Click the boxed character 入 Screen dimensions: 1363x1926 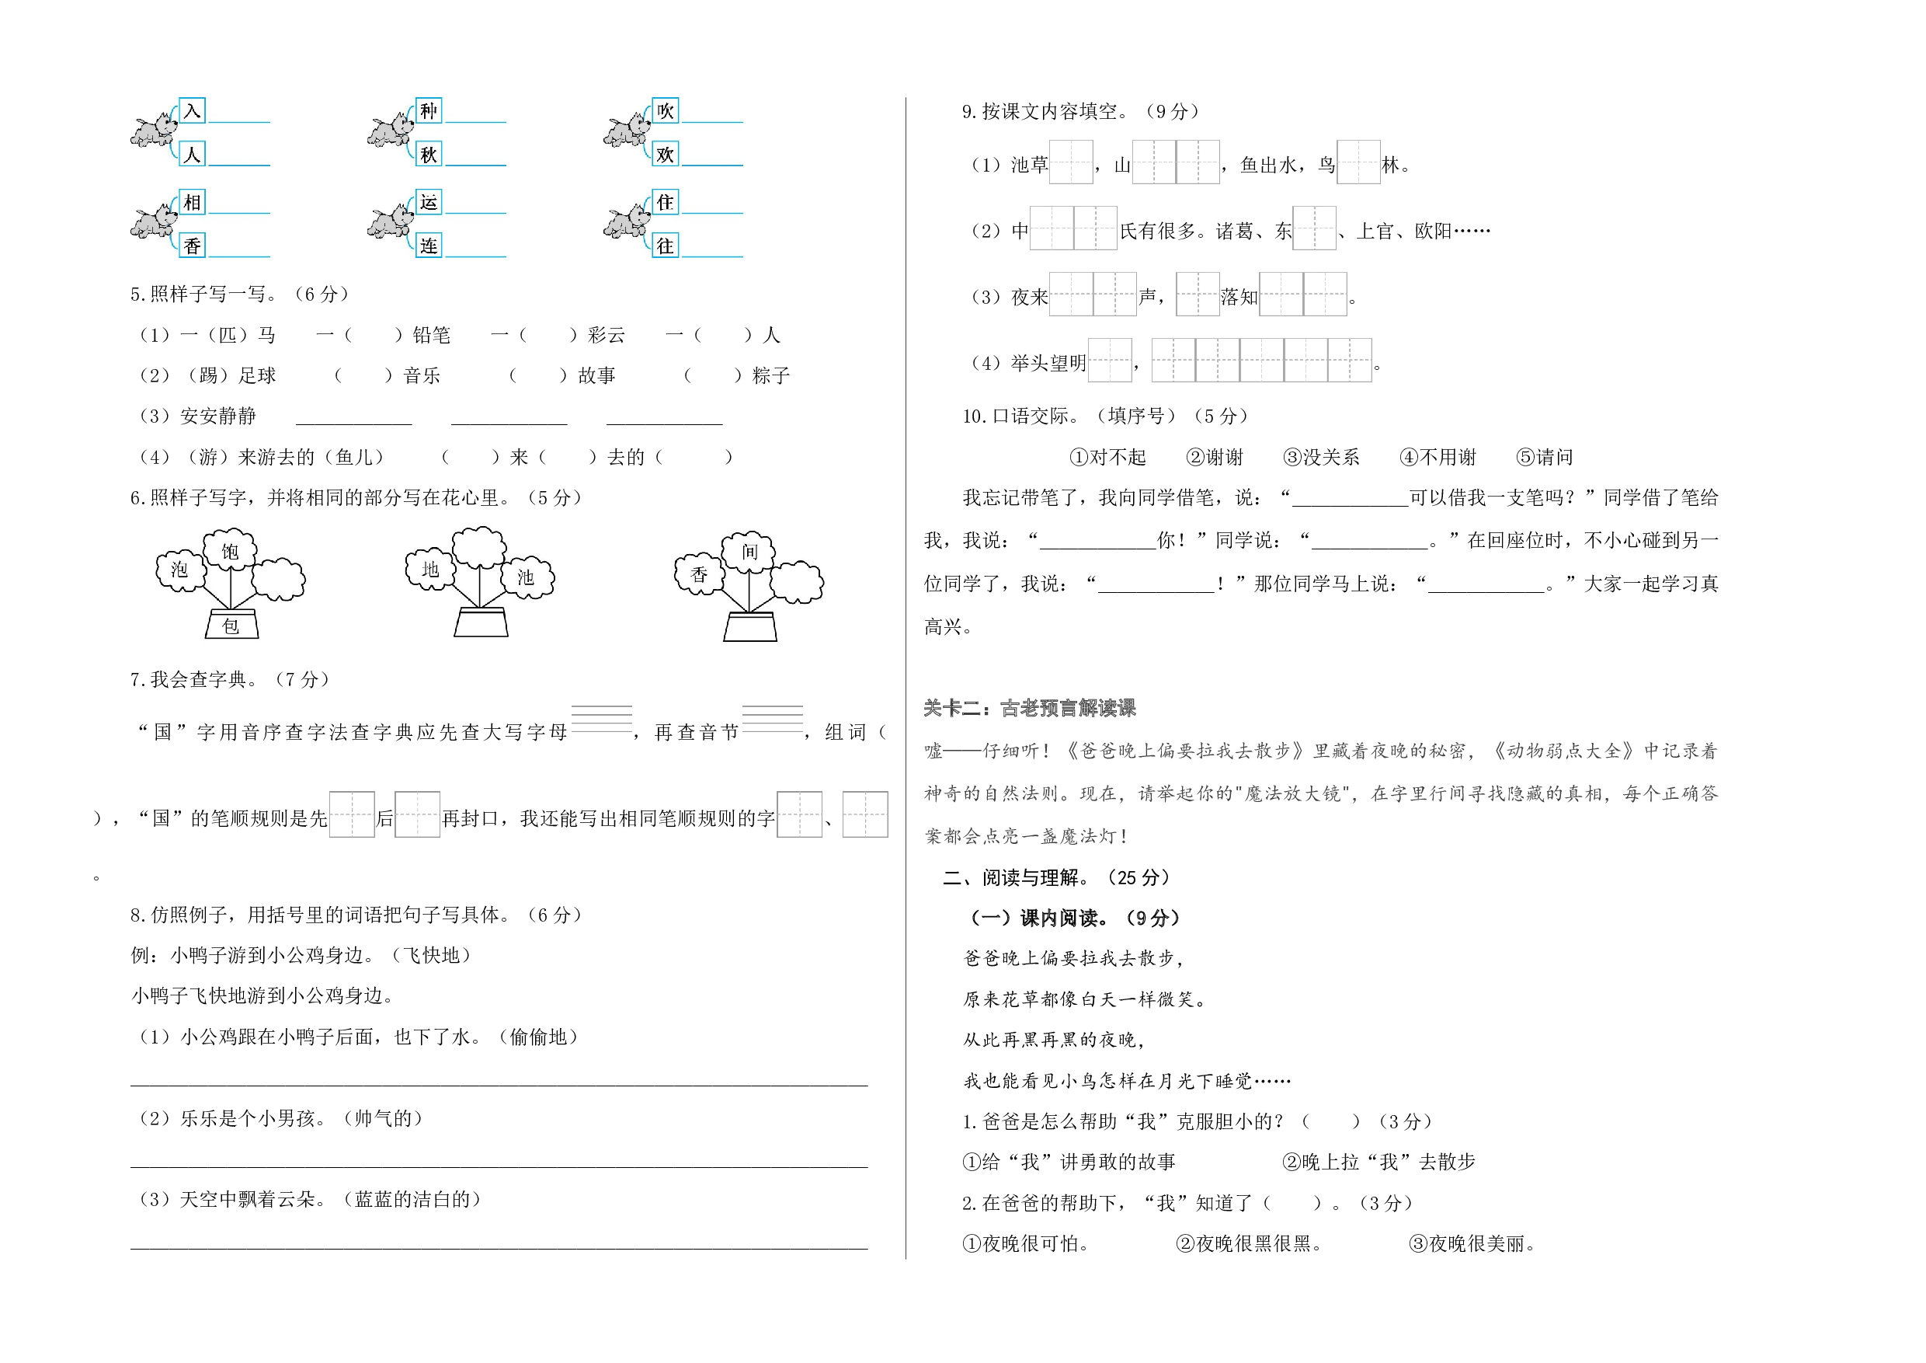tap(192, 111)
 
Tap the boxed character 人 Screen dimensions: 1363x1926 tap(192, 154)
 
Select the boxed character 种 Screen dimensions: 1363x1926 tap(429, 111)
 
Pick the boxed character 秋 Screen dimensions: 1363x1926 tap(429, 154)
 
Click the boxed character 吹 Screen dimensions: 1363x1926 tap(666, 111)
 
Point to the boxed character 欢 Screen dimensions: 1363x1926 tap(666, 154)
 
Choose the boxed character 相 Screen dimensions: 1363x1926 tap(192, 202)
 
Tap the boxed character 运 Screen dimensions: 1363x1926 tap(429, 202)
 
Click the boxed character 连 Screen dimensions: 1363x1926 tap(429, 245)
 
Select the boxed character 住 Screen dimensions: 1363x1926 tap(666, 202)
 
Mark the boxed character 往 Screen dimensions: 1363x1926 tap(666, 245)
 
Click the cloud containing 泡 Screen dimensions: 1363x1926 tap(180, 570)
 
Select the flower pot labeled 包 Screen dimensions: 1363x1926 tap(231, 626)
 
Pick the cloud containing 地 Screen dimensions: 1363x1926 tap(430, 570)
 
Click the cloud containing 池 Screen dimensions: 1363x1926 tap(527, 577)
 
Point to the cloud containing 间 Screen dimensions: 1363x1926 tap(749, 552)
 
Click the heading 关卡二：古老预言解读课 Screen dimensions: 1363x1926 tap(1029, 707)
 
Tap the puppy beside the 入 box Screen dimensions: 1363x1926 tap(155, 130)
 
